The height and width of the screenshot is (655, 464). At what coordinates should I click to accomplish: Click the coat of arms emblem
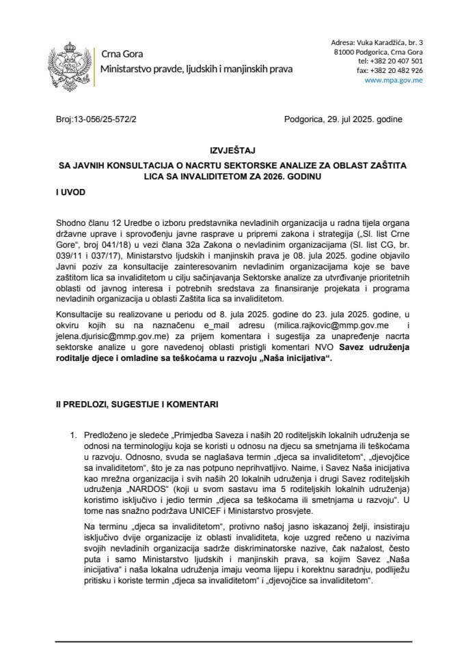click(71, 61)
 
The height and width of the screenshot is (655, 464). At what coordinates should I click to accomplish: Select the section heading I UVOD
click(71, 193)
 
